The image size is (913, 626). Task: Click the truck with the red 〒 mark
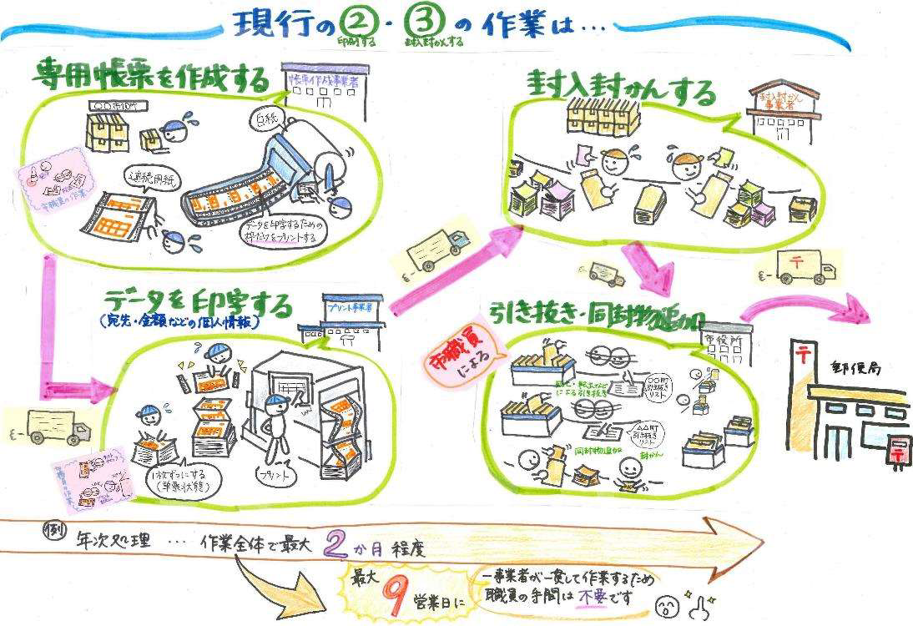796,265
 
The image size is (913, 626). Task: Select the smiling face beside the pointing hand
666,602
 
